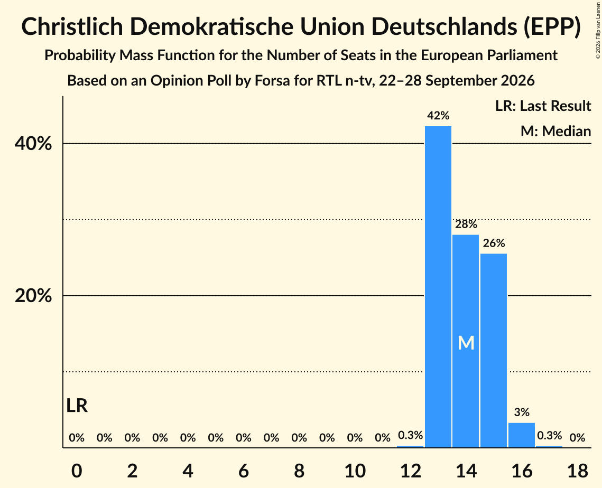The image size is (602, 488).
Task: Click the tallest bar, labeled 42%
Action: [438, 287]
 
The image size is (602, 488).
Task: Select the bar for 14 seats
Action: [466, 341]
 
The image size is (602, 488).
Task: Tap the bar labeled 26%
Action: [494, 350]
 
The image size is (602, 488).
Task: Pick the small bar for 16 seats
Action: [521, 435]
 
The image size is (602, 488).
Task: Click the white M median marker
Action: [466, 343]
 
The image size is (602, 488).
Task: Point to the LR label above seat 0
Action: [77, 406]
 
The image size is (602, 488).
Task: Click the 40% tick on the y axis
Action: [33, 144]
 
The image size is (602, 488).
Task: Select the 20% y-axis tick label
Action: [33, 296]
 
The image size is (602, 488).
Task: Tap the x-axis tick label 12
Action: [411, 471]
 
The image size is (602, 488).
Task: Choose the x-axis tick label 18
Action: [578, 471]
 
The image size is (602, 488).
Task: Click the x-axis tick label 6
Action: [244, 471]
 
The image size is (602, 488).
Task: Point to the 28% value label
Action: [466, 224]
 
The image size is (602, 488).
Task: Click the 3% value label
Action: [522, 412]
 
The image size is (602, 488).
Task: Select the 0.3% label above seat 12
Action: [411, 435]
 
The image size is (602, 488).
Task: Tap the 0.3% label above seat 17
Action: [549, 435]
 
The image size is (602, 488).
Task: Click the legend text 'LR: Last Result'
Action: [543, 106]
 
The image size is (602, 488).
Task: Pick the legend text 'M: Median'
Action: [555, 131]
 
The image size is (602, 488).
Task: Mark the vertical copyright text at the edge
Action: [598, 30]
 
